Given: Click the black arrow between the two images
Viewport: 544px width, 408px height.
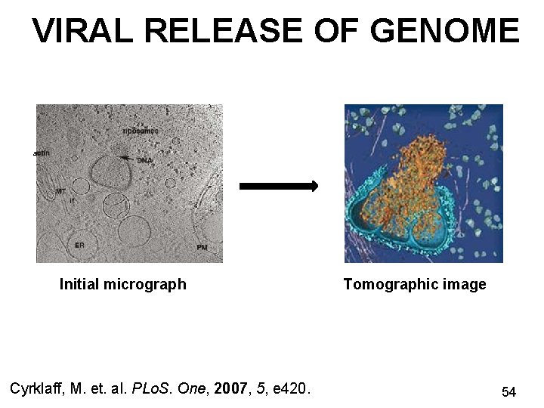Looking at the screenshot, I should click(279, 186).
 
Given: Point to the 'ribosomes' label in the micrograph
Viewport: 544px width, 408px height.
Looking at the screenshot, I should click(139, 130).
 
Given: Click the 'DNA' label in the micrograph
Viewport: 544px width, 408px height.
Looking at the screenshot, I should click(144, 160).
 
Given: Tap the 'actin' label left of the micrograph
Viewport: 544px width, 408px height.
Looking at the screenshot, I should click(42, 153).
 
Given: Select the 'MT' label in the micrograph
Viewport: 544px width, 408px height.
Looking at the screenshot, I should click(60, 192).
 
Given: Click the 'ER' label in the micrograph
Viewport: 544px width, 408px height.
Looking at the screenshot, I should click(79, 245).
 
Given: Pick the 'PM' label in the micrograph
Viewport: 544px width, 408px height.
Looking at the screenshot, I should click(202, 247).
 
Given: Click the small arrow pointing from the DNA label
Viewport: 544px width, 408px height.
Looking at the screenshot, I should click(127, 158).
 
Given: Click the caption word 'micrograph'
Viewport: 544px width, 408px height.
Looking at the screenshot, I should click(144, 285).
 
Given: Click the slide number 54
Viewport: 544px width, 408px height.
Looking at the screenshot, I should click(508, 392).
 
